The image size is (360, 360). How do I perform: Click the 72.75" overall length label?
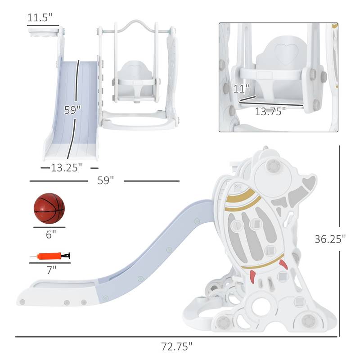pyautogui.click(x=176, y=346)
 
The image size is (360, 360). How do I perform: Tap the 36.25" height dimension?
pyautogui.click(x=330, y=239)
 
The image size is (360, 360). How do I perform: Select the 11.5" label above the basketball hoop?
pyautogui.click(x=40, y=18)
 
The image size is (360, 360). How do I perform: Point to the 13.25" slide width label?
pyautogui.click(x=66, y=167)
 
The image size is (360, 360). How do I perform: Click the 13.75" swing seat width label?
pyautogui.click(x=270, y=111)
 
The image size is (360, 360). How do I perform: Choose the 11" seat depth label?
pyautogui.click(x=241, y=89)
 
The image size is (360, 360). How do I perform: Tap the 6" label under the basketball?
pyautogui.click(x=51, y=234)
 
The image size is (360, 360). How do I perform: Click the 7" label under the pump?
pyautogui.click(x=51, y=270)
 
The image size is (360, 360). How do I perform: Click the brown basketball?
pyautogui.click(x=49, y=208)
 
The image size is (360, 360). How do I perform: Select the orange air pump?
pyautogui.click(x=50, y=256)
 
